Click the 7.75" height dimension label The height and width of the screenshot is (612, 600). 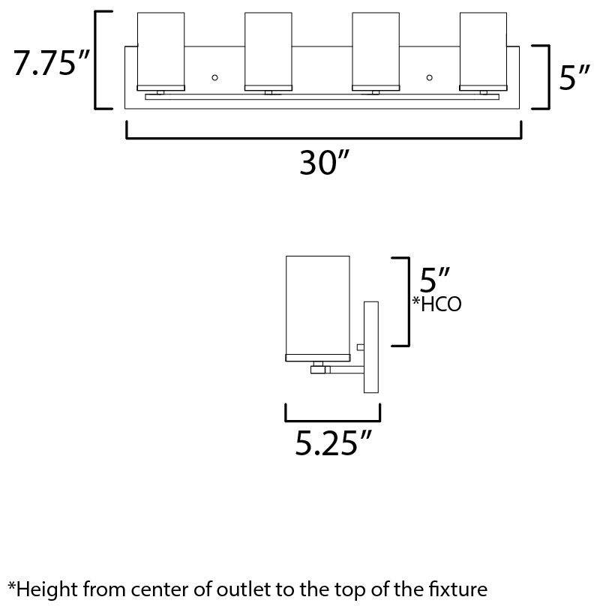pos(52,62)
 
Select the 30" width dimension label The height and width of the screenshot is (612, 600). pos(323,162)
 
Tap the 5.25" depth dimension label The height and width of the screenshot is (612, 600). pos(332,442)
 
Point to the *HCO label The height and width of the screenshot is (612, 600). pos(436,304)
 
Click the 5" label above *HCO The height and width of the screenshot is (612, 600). pos(435,280)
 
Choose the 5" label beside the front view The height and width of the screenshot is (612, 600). pos(574,77)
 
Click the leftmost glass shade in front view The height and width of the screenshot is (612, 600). pos(160,52)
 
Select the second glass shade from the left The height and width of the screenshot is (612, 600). pos(268,52)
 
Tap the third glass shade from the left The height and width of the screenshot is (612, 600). pos(376,52)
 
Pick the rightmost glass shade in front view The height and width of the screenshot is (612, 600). pos(483,52)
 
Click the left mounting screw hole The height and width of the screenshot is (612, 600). pos(214,78)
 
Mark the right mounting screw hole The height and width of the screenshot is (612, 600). pos(430,78)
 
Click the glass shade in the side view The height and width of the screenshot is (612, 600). pos(318,308)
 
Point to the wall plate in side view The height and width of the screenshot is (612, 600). pos(370,347)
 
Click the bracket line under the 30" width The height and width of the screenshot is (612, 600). pos(323,137)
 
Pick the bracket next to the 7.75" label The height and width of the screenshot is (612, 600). pos(96,60)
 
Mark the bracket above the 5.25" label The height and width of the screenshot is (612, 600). pos(332,421)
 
